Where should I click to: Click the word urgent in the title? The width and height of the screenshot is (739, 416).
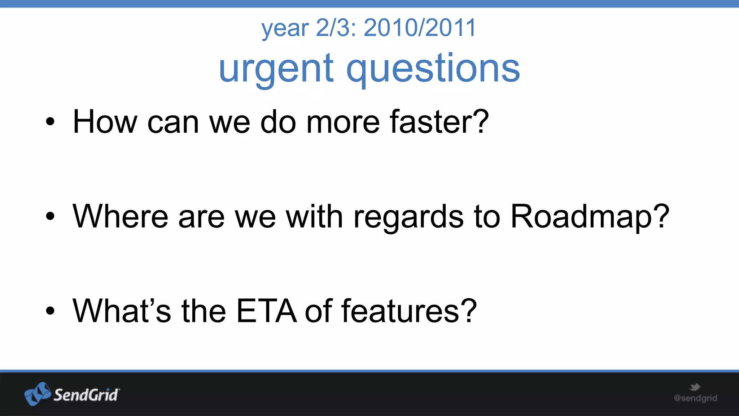pos(276,69)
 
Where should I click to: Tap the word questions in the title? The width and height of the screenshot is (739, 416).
pos(433,69)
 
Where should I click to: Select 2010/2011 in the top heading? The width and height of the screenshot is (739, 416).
pos(420,28)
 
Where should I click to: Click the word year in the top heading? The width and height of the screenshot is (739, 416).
pos(285,29)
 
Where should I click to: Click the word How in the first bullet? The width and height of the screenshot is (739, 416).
pos(105,122)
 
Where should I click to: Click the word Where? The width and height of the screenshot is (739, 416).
pos(120,216)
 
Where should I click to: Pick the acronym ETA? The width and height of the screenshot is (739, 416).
pos(266,311)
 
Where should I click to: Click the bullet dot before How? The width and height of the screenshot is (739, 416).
pos(50,122)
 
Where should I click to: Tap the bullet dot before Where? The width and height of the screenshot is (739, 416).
pos(50,217)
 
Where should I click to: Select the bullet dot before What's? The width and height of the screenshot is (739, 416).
pos(50,311)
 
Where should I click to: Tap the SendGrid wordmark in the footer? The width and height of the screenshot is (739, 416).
pos(86,395)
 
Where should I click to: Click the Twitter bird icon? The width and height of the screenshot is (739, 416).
pos(695,387)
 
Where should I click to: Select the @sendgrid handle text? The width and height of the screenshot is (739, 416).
pos(695,398)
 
